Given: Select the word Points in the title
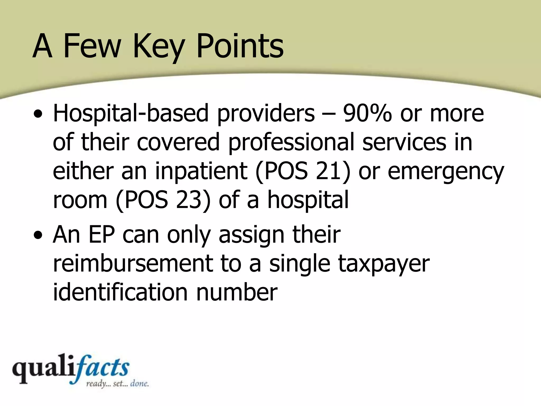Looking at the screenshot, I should point(240,46).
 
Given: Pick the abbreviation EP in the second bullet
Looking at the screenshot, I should point(102,235).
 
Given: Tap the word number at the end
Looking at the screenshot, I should point(236,292).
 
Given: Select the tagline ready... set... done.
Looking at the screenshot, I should point(117,384).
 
